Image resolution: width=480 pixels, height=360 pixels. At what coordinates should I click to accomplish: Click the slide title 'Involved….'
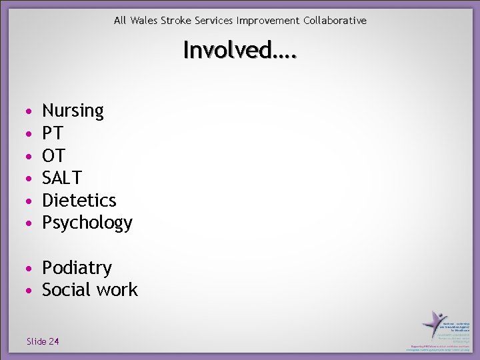[x=240, y=50]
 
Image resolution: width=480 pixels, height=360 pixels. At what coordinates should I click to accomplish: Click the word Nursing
[x=73, y=111]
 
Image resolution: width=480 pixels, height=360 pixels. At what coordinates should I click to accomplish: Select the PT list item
[x=53, y=133]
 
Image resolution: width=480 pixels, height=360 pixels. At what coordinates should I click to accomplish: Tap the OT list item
[x=53, y=156]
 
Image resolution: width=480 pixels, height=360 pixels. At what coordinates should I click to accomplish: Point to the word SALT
[x=62, y=178]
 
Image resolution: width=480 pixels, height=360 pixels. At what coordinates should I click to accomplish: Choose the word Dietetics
[x=79, y=200]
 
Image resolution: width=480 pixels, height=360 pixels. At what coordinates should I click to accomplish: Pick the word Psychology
[x=87, y=223]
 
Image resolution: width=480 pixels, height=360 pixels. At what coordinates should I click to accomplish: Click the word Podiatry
[x=77, y=268]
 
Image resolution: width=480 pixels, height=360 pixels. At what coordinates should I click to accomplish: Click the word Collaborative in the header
[x=335, y=21]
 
